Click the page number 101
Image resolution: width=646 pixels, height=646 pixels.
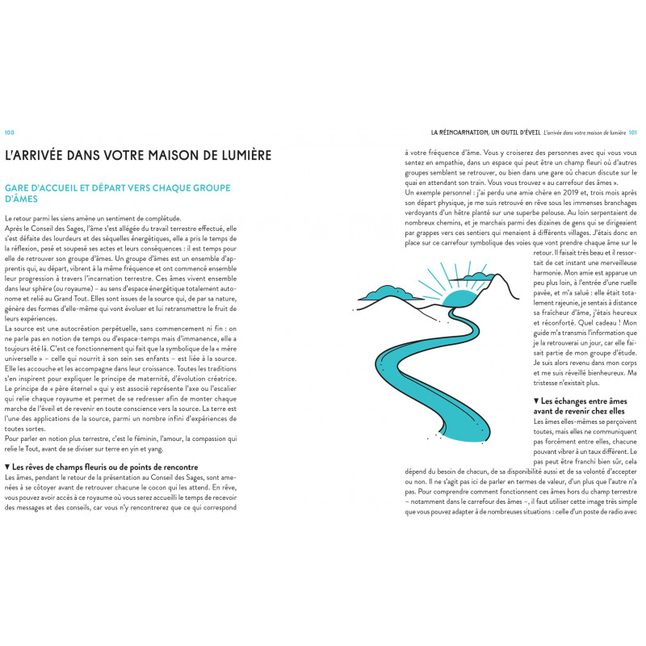coord(633,132)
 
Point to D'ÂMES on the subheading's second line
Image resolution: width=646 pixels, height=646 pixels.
coord(23,199)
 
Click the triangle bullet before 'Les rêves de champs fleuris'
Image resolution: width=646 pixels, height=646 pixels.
coord(7,467)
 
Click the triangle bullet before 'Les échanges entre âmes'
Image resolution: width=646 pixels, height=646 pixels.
coord(536,401)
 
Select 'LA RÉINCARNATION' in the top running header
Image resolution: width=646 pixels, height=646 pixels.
coord(466,132)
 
